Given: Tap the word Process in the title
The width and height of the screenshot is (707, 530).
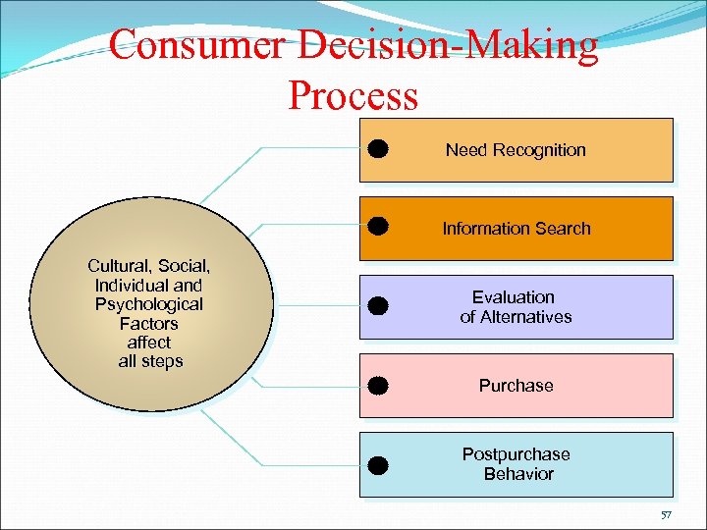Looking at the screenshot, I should (x=353, y=95).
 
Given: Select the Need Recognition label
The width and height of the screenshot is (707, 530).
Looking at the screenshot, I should (x=516, y=150).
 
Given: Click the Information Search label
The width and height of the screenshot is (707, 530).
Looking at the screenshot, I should (x=517, y=229).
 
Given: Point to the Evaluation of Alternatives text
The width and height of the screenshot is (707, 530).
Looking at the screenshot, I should (x=516, y=307).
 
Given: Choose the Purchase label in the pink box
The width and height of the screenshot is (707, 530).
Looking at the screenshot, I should (x=517, y=386).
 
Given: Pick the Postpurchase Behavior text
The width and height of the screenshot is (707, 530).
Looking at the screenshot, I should (x=517, y=464).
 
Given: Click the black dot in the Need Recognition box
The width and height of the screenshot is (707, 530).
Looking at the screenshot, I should (x=379, y=149).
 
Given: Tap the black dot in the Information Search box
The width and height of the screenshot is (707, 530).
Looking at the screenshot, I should (x=379, y=228).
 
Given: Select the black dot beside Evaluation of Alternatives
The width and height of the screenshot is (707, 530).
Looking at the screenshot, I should (x=379, y=306).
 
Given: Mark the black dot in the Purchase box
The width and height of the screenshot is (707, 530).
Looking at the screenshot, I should (x=379, y=385).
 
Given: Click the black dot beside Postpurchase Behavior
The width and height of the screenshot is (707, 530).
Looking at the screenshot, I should (x=379, y=463).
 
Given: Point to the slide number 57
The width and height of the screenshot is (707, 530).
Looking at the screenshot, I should (x=665, y=514).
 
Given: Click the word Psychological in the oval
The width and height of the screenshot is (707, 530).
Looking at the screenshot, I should (x=149, y=304).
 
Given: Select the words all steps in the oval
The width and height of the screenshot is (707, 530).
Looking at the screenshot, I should (x=149, y=361).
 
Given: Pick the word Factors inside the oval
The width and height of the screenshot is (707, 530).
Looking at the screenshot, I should (x=149, y=323).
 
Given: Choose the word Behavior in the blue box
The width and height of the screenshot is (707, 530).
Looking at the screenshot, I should (x=518, y=474).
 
